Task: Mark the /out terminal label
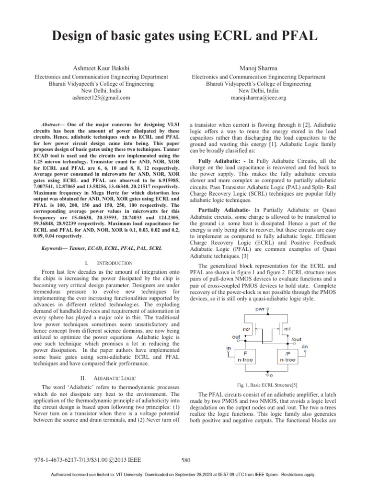click(x=297, y=339)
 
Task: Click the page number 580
click(x=187, y=460)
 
